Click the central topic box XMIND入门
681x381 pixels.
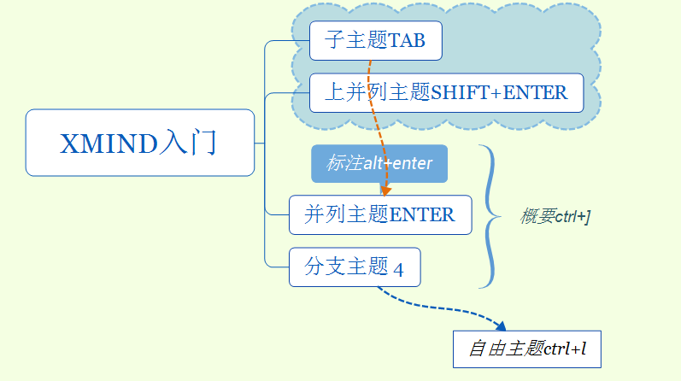[139, 143]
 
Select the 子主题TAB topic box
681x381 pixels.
[375, 41]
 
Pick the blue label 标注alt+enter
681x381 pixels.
[379, 163]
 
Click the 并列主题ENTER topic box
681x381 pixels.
[380, 214]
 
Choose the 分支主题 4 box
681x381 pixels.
[355, 267]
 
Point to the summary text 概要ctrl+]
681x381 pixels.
[556, 217]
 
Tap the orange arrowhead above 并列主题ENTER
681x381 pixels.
[385, 190]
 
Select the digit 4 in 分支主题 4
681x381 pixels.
[398, 268]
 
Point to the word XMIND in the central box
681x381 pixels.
[108, 143]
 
